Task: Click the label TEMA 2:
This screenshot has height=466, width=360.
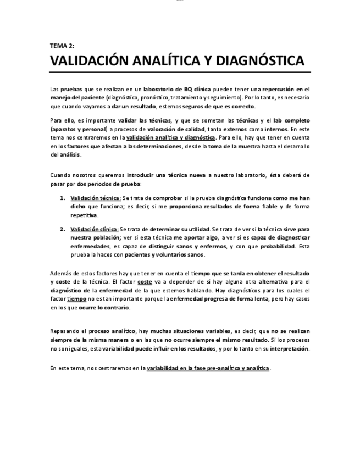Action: pyautogui.click(x=62, y=46)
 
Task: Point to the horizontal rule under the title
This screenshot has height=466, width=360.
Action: pyautogui.click(x=180, y=72)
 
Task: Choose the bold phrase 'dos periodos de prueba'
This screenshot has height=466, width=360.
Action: pyautogui.click(x=109, y=184)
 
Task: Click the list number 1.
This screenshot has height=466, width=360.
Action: pyautogui.click(x=63, y=197)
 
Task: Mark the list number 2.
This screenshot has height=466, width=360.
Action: pyautogui.click(x=63, y=229)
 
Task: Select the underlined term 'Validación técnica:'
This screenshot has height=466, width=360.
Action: pyautogui.click(x=96, y=197)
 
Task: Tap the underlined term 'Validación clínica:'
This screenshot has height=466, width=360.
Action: pyautogui.click(x=94, y=229)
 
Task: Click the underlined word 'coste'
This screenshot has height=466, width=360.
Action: pyautogui.click(x=145, y=281)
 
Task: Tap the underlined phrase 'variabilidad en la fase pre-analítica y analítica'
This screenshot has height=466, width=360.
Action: pyautogui.click(x=208, y=368)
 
